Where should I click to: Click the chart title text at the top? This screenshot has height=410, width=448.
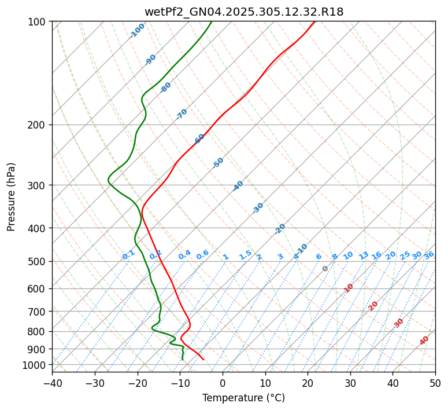pos(243,12)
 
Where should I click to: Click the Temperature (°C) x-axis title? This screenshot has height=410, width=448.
pos(243,398)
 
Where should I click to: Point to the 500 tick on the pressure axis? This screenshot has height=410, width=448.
pos(38,262)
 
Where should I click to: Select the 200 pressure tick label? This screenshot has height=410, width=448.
pos(38,125)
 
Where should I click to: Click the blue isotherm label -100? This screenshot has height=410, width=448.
pos(138,30)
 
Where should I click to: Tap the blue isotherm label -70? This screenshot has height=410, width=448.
pos(182,114)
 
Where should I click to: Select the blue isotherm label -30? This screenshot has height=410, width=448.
pos(258,208)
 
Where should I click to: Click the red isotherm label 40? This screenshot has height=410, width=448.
pos(424,341)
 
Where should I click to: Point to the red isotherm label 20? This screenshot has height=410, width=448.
pos(373,305)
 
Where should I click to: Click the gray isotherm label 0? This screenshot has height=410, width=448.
pos(325,269)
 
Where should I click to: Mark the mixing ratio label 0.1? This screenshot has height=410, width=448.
pos(128,255)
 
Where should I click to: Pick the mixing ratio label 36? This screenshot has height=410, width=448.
pos(429,255)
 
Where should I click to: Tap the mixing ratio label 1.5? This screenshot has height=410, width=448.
pos(245,255)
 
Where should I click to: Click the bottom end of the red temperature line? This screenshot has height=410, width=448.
pos(203,360)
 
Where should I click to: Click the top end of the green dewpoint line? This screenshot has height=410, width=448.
pos(212,22)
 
